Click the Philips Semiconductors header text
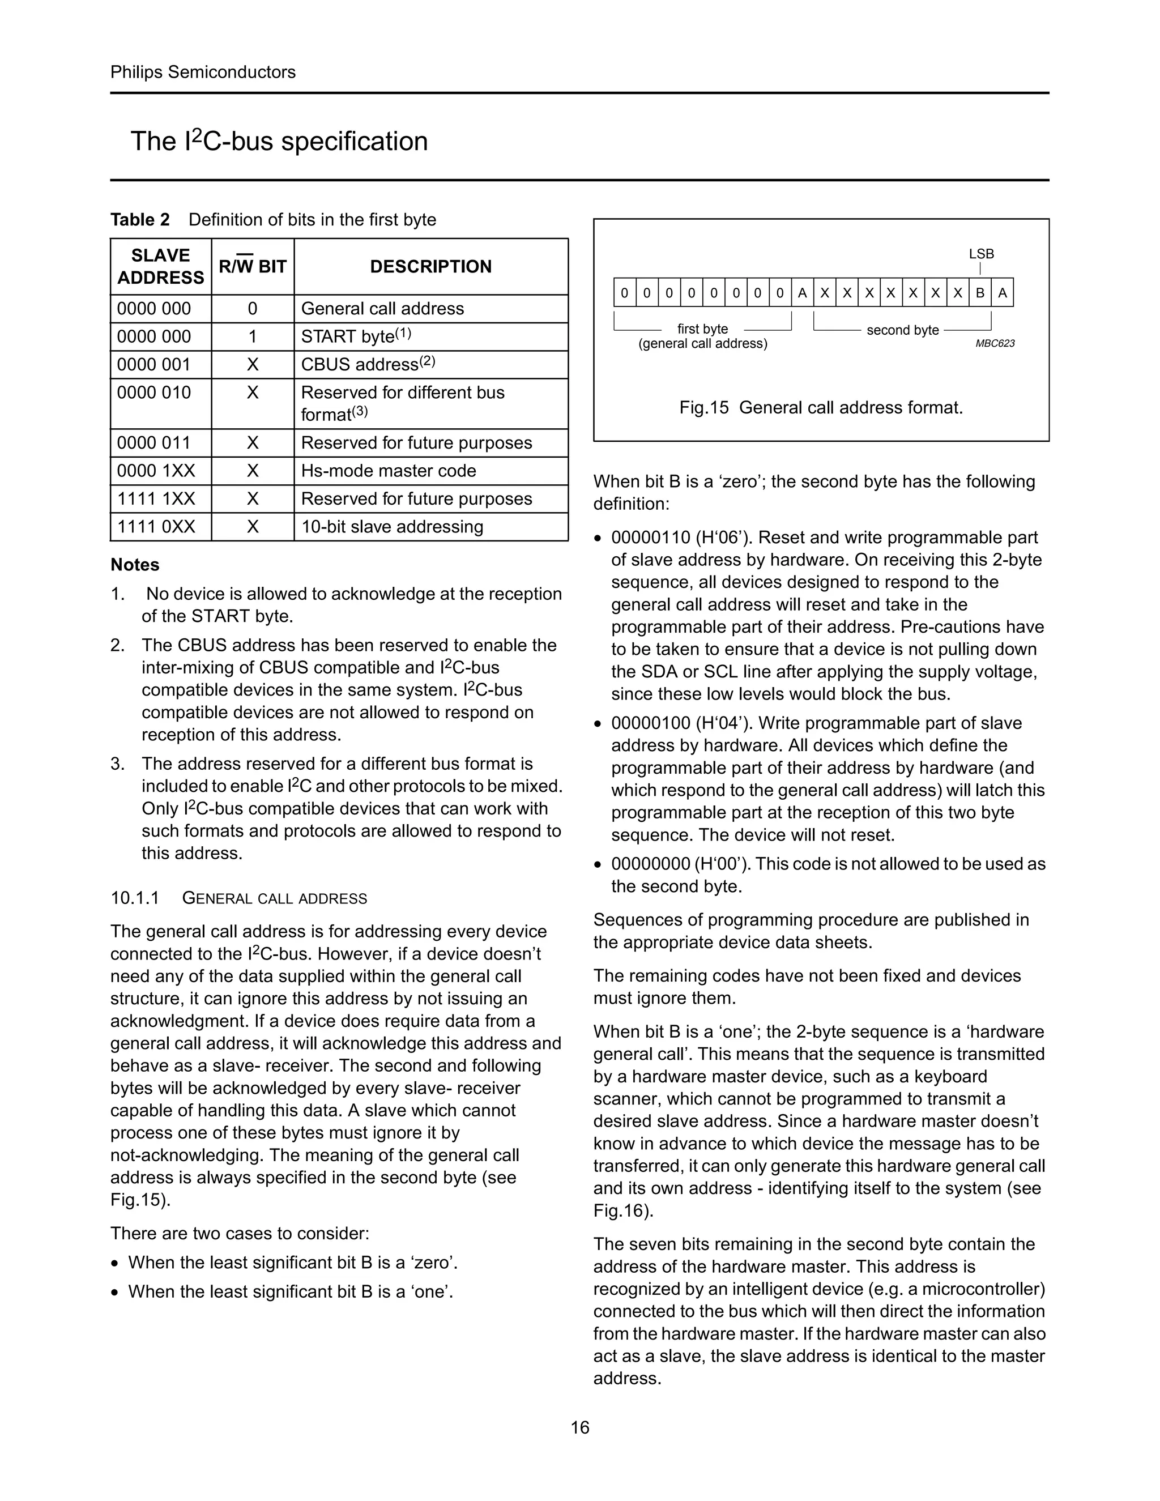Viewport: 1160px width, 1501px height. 203,72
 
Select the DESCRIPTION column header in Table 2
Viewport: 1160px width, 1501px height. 430,267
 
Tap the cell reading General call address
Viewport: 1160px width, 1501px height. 382,309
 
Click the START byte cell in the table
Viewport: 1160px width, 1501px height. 355,337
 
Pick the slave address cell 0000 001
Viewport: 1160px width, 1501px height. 154,365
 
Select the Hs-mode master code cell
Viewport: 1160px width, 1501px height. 388,471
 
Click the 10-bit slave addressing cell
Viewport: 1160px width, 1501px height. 392,527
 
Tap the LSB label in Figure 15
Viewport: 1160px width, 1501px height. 982,254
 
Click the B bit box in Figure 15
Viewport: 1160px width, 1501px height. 980,293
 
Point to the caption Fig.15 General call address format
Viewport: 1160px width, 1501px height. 821,408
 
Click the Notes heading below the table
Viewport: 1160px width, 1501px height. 135,565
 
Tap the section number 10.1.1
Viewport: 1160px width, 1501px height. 135,898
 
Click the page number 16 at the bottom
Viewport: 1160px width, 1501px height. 579,1427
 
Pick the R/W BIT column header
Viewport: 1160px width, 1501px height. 252,267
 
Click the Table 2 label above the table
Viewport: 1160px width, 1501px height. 140,220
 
